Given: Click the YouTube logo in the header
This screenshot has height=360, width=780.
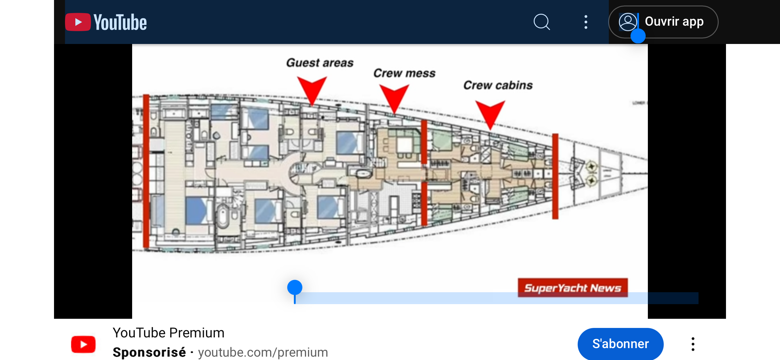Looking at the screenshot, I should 106,22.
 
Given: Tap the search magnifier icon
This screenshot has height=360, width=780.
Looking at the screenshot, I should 542,22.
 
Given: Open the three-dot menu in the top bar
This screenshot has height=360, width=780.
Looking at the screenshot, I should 586,22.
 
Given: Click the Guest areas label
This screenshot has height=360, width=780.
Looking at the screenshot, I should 320,63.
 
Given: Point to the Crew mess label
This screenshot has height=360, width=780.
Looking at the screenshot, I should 404,73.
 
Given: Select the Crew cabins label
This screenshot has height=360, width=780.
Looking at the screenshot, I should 498,85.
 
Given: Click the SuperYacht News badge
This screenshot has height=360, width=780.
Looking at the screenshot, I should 572,288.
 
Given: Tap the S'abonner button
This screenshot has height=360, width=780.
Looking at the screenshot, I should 620,344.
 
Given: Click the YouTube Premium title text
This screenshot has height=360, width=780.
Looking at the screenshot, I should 168,333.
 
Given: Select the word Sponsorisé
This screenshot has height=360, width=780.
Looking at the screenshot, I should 149,352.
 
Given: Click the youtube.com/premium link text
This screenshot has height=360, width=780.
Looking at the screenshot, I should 263,352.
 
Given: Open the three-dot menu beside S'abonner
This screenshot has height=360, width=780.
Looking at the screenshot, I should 693,344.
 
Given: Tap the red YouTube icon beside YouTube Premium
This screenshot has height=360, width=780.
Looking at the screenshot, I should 83,344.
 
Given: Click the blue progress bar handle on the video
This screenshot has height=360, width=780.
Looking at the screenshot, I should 295,287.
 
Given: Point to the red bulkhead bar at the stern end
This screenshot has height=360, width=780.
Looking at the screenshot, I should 146,171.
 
